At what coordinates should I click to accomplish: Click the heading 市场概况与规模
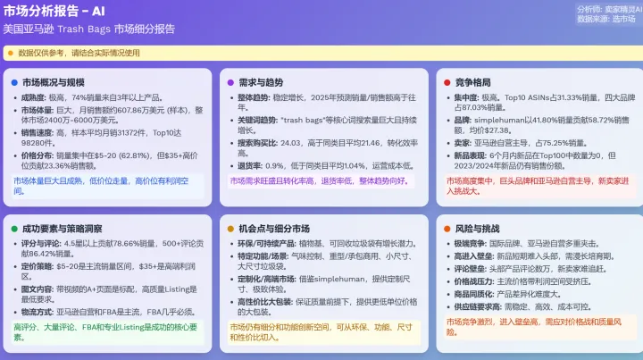tap(54, 82)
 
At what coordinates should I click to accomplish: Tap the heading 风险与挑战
tap(480, 230)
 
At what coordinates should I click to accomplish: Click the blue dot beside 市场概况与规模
tap(14, 82)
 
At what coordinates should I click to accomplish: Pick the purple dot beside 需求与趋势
tap(230, 82)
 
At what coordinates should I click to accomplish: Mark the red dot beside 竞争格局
tap(447, 82)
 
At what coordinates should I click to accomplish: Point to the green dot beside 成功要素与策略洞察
tap(14, 230)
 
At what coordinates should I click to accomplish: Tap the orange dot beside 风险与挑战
tap(447, 230)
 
